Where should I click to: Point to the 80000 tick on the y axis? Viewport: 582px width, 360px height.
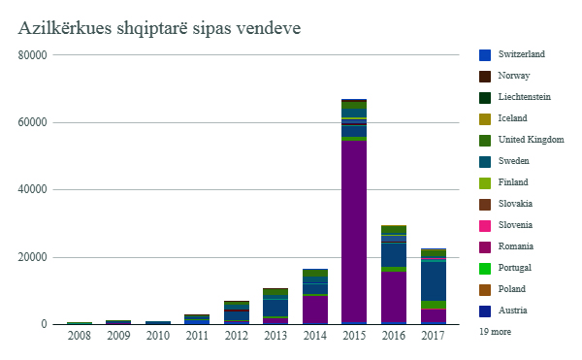pyautogui.click(x=33, y=55)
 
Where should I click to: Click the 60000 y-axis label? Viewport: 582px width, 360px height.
pyautogui.click(x=33, y=122)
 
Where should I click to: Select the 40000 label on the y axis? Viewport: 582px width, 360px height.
pyautogui.click(x=33, y=190)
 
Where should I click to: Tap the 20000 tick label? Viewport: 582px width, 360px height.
pyautogui.click(x=33, y=257)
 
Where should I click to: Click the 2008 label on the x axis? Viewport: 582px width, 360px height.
pyautogui.click(x=79, y=336)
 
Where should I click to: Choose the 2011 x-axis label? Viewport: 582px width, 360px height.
pyautogui.click(x=197, y=336)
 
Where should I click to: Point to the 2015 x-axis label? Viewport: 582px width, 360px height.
pyautogui.click(x=353, y=336)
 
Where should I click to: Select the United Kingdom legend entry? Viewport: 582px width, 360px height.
pyautogui.click(x=531, y=140)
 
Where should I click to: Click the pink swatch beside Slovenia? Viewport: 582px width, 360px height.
pyautogui.click(x=485, y=225)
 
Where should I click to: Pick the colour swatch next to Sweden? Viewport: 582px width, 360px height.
pyautogui.click(x=485, y=161)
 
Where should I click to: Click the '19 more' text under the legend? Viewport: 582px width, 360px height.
pyautogui.click(x=496, y=331)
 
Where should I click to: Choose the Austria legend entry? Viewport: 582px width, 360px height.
pyautogui.click(x=514, y=311)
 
